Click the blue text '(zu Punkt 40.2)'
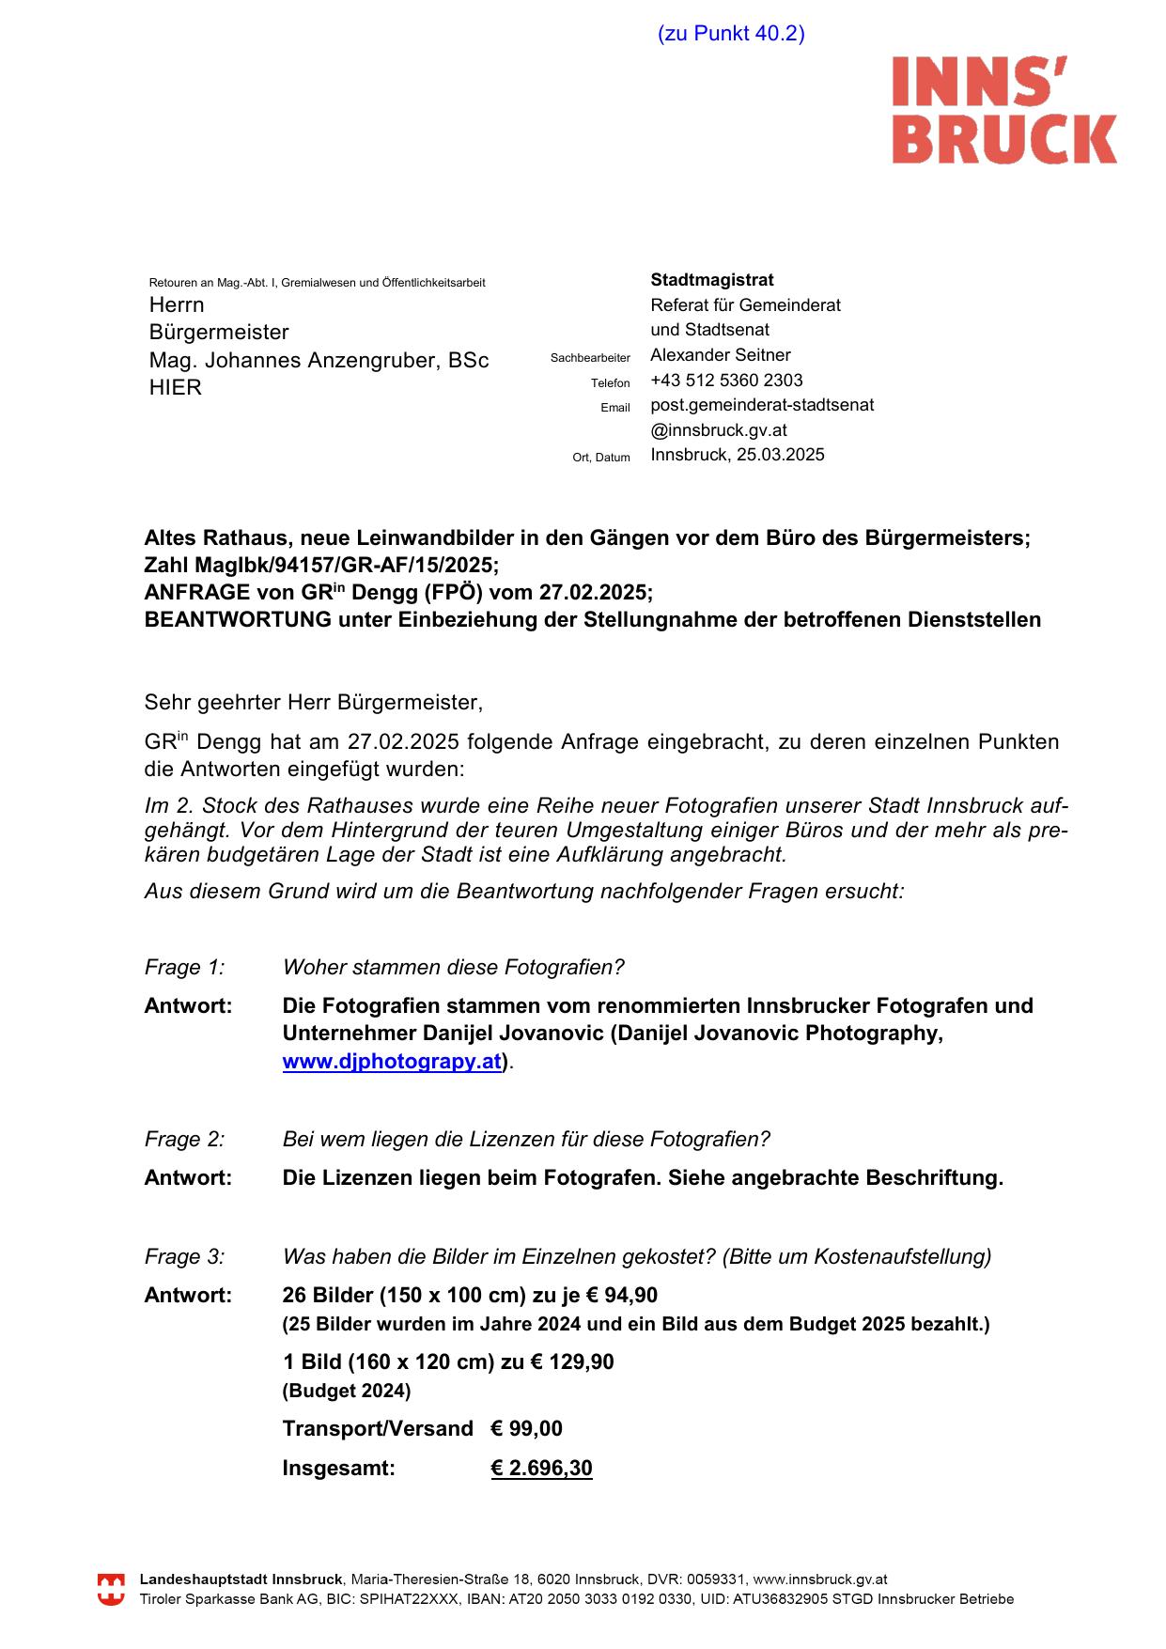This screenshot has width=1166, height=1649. coord(731,34)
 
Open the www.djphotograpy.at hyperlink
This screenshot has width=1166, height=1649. coord(392,1062)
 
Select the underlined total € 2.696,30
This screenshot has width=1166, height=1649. coord(541,1468)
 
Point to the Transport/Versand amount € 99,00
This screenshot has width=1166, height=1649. coord(526,1429)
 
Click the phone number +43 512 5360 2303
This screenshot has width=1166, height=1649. coord(726,381)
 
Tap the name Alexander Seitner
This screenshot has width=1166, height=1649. coord(721,355)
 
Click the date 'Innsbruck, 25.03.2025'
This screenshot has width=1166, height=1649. coord(738,455)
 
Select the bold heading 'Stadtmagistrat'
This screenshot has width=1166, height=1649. coord(712,280)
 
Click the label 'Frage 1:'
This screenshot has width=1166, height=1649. coord(184,967)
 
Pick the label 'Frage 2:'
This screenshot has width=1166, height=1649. coord(184,1139)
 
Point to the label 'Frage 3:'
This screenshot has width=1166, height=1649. coord(184,1256)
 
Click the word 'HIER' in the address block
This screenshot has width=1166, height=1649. coord(176,387)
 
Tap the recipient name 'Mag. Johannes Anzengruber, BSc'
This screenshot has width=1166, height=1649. coord(319,360)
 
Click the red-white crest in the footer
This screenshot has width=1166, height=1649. coord(112,1590)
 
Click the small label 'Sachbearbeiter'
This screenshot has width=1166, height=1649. coord(590,358)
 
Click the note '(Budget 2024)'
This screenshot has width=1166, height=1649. coord(347,1391)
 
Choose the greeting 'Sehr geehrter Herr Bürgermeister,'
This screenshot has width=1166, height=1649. coord(313,702)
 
